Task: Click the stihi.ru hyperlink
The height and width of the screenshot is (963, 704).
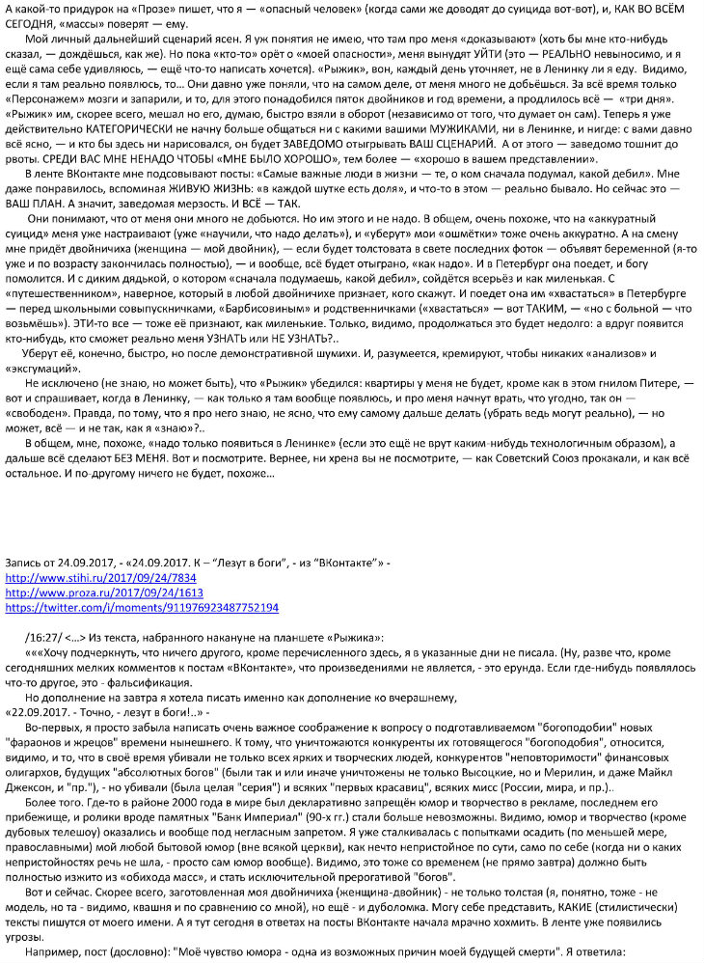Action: click(86, 578)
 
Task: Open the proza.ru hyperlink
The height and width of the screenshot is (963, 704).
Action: click(90, 592)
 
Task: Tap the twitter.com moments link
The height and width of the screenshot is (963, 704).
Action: click(142, 608)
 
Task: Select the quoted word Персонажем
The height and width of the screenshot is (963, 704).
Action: click(49, 97)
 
